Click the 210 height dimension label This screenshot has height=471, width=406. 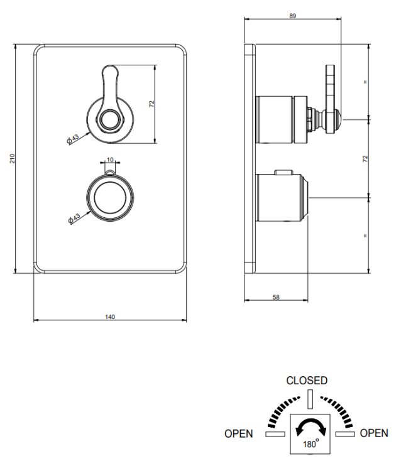click(13, 159)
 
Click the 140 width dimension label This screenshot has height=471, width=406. click(110, 317)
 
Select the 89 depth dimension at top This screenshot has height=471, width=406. click(293, 16)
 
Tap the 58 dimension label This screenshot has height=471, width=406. click(276, 297)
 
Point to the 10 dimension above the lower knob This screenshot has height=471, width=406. click(110, 160)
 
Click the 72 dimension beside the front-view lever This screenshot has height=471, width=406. click(151, 104)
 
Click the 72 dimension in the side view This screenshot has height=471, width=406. click(365, 159)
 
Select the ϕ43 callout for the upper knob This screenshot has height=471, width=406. click(73, 139)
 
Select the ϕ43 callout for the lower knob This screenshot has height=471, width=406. click(74, 219)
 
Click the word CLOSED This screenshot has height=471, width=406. click(307, 381)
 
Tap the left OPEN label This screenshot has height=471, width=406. click(239, 433)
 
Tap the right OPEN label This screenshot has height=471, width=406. click(374, 433)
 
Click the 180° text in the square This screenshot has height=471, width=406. click(310, 443)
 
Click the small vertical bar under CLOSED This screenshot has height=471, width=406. click(310, 399)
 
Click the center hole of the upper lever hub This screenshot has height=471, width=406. click(109, 120)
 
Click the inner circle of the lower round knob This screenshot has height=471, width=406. click(110, 197)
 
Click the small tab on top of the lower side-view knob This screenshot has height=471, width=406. click(283, 172)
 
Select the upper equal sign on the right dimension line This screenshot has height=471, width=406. click(365, 82)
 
